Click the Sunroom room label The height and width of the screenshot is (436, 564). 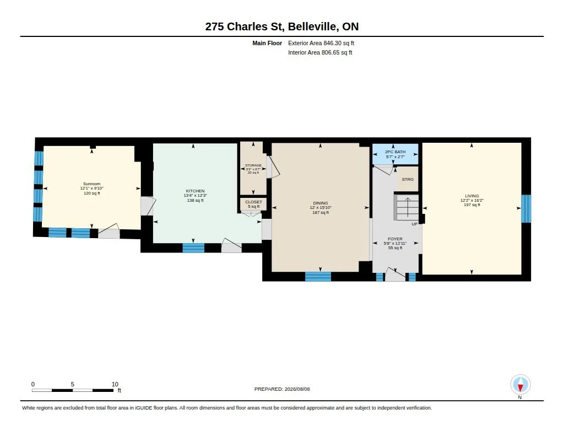[x=92, y=184]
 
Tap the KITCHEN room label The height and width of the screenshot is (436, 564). [x=195, y=191]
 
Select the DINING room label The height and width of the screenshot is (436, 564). [x=321, y=203]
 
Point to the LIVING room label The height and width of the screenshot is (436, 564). [x=472, y=196]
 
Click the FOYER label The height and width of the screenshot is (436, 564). [x=395, y=239]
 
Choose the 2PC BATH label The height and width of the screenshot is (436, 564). [x=395, y=152]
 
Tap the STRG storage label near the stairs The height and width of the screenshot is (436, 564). [x=408, y=179]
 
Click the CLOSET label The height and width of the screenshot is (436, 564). [x=253, y=202]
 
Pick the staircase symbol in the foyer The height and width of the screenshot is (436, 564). [x=406, y=207]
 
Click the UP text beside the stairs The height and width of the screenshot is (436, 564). [x=414, y=224]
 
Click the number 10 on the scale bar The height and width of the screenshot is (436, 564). [x=115, y=384]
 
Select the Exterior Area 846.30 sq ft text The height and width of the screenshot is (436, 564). [x=321, y=43]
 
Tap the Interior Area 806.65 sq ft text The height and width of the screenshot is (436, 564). [x=320, y=52]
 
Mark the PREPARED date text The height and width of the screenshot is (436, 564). [x=282, y=389]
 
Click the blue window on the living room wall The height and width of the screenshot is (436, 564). [x=526, y=209]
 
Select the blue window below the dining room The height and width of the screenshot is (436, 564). [x=318, y=277]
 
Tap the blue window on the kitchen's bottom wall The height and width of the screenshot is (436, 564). [x=193, y=248]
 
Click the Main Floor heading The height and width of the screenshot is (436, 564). [x=267, y=43]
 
